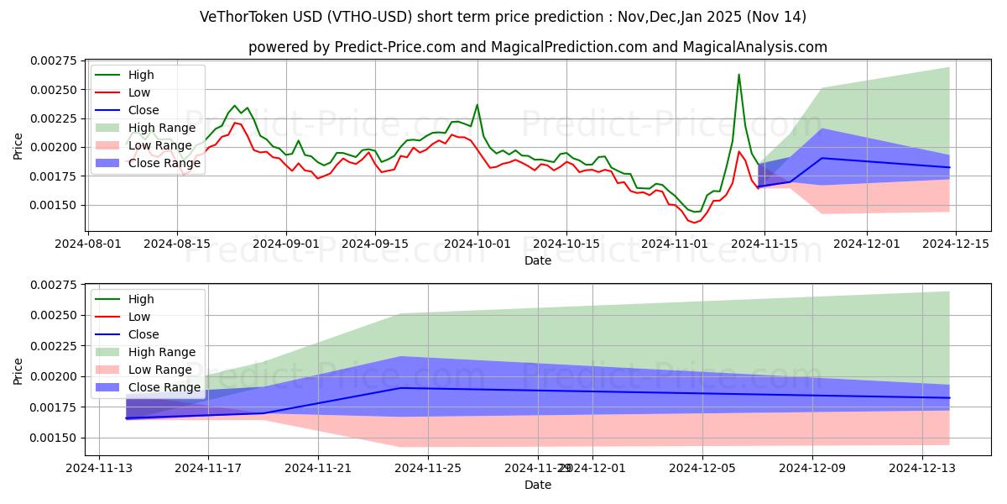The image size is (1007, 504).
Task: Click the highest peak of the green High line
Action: [x=738, y=75]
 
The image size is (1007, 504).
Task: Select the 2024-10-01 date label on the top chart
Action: [x=478, y=244]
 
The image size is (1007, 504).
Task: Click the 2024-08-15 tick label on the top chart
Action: [x=176, y=244]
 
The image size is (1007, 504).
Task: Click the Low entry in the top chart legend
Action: [x=140, y=92]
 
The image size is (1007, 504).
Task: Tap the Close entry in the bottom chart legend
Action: [x=143, y=334]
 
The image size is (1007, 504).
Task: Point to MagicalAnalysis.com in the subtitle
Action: [x=754, y=47]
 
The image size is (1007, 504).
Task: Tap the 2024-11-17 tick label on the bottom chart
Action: [x=208, y=468]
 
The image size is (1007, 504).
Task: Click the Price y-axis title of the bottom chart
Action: [x=18, y=370]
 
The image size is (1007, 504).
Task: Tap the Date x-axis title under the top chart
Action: [x=537, y=260]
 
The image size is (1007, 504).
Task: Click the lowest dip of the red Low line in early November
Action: [x=694, y=223]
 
